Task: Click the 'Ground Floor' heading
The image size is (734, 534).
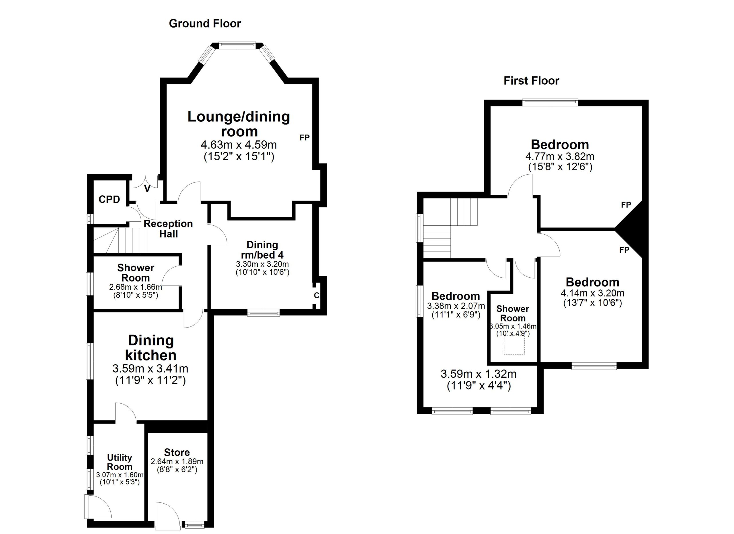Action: [x=205, y=24]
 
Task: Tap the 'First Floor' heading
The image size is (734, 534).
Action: [x=531, y=81]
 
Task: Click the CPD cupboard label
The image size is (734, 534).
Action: [x=110, y=199]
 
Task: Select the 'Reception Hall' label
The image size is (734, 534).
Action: [x=168, y=229]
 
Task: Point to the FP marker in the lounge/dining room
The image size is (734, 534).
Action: [x=304, y=138]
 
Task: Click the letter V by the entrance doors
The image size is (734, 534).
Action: [x=147, y=189]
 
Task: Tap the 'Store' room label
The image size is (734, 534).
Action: [x=177, y=452]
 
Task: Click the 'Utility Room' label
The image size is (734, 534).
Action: [x=120, y=462]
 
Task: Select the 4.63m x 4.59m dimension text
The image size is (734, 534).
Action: [x=239, y=144]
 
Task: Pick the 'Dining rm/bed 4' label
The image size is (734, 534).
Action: [x=262, y=250]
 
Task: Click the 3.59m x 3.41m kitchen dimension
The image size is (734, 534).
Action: [x=151, y=368]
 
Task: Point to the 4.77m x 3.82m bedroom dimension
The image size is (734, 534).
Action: [x=560, y=157]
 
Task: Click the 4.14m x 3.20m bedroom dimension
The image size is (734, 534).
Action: [x=593, y=293]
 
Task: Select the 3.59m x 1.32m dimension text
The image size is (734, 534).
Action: [x=479, y=374]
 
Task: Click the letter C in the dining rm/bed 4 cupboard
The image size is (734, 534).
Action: [x=317, y=295]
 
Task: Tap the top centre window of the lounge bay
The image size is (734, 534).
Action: [x=237, y=46]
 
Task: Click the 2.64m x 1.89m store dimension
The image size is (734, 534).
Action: [x=177, y=461]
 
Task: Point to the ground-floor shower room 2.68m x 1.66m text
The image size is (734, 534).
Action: [x=136, y=287]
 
